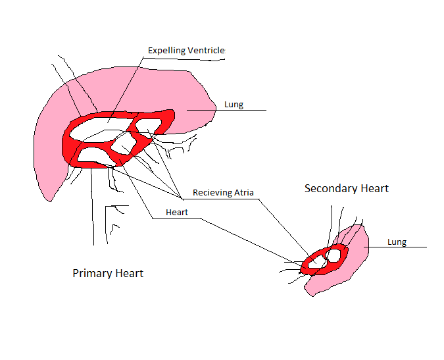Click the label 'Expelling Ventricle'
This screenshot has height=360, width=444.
[186, 51]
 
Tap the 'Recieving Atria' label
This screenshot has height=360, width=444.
[223, 193]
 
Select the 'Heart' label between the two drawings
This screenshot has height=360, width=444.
[177, 212]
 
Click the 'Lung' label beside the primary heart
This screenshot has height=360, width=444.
[234, 105]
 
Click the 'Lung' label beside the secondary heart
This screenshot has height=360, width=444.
[397, 242]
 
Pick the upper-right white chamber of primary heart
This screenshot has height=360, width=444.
[148, 126]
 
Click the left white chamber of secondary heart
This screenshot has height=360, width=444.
[316, 262]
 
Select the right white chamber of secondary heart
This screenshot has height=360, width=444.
[333, 255]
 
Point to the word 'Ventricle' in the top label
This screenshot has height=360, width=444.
[206, 51]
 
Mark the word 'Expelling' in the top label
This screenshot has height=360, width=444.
[167, 51]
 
